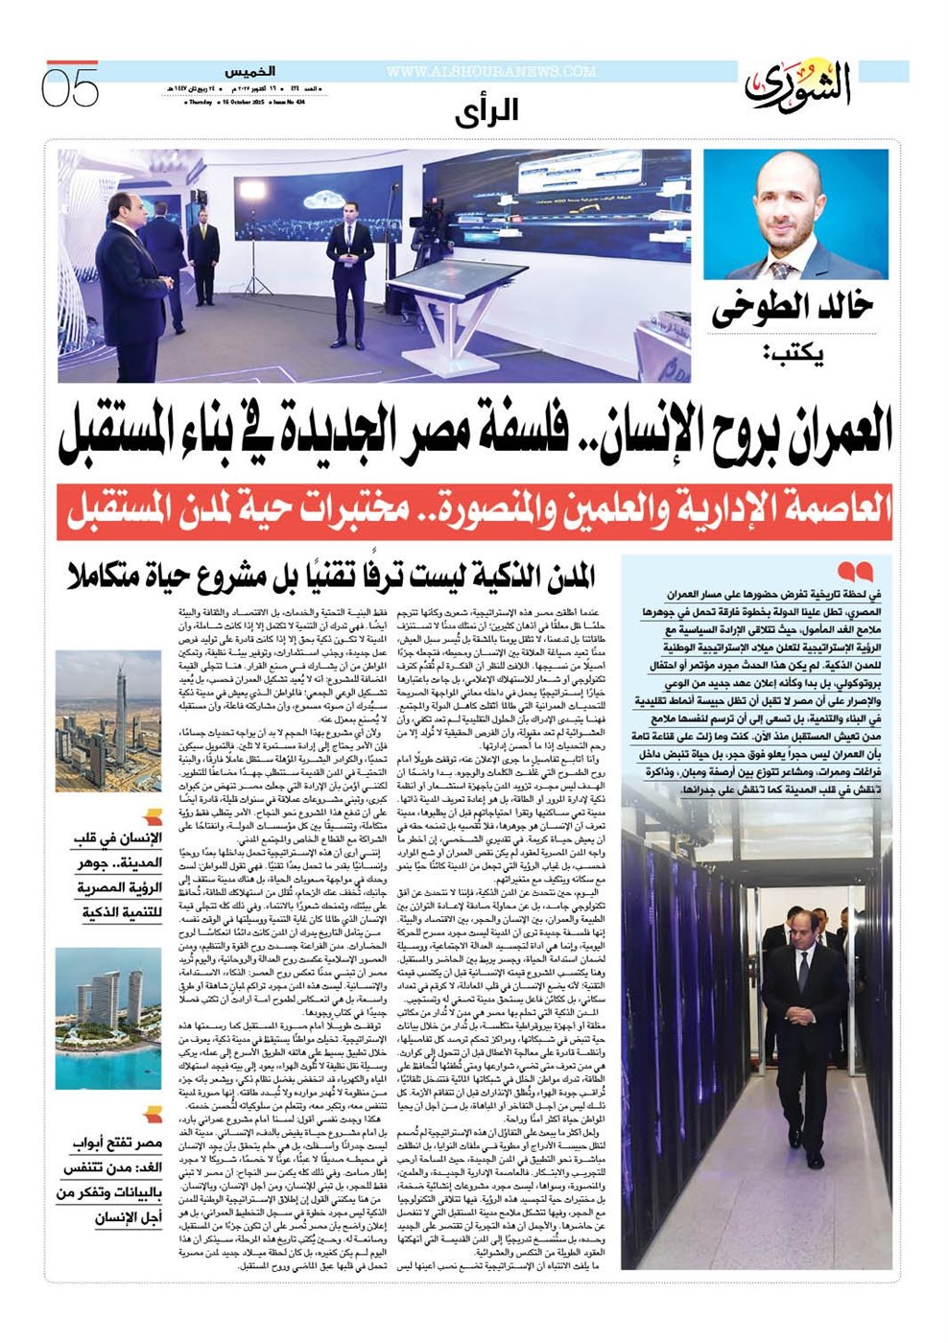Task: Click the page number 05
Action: coord(70,87)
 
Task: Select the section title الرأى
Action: coord(486,111)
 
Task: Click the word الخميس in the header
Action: coord(249,72)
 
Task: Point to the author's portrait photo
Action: coord(795,214)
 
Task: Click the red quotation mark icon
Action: coord(855,572)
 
